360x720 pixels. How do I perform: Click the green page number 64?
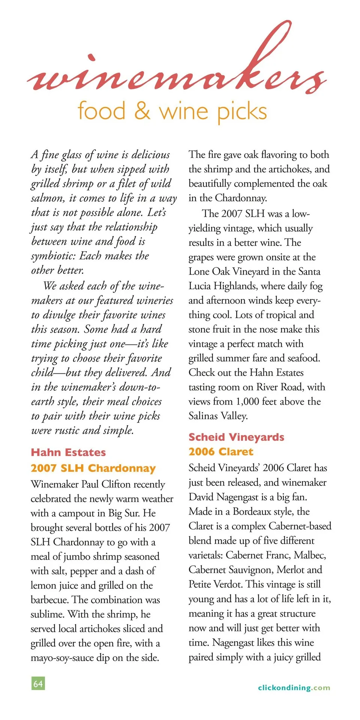[38, 683]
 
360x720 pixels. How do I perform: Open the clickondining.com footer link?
[294, 688]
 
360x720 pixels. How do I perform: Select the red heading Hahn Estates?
[68, 452]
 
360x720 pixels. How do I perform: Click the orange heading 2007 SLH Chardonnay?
[93, 468]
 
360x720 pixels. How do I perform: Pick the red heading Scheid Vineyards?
[236, 437]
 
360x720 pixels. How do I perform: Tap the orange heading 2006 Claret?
[221, 451]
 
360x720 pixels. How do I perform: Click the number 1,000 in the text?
[247, 402]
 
